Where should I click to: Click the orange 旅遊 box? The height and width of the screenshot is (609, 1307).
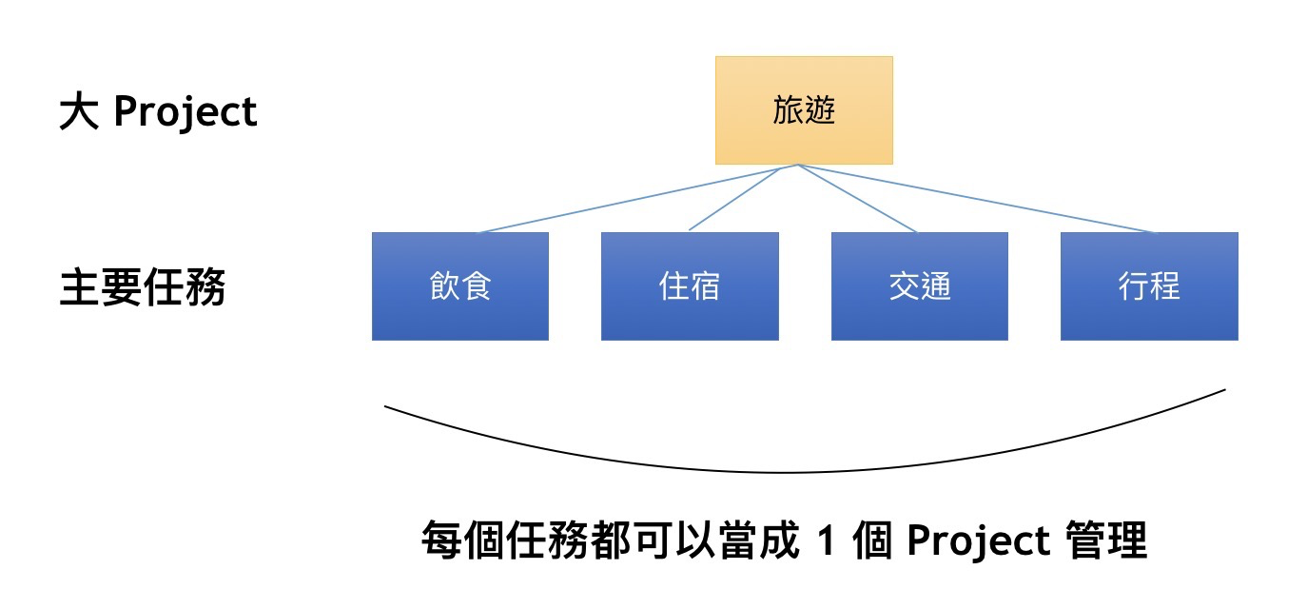click(804, 109)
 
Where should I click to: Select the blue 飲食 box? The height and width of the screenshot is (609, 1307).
click(459, 285)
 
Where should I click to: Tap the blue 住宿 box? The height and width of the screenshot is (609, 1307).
click(690, 285)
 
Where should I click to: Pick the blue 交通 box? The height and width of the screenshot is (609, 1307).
click(920, 285)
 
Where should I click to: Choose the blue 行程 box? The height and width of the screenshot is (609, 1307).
click(1149, 285)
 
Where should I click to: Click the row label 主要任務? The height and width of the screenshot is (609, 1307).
click(143, 287)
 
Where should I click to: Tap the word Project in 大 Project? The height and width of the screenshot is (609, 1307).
click(185, 112)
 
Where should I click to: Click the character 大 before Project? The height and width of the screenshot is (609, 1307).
click(78, 112)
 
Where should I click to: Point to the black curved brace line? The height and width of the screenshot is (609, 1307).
click(790, 471)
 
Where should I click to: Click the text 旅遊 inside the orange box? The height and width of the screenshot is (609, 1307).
click(804, 111)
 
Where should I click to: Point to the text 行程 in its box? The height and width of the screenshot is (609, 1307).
click(1149, 285)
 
